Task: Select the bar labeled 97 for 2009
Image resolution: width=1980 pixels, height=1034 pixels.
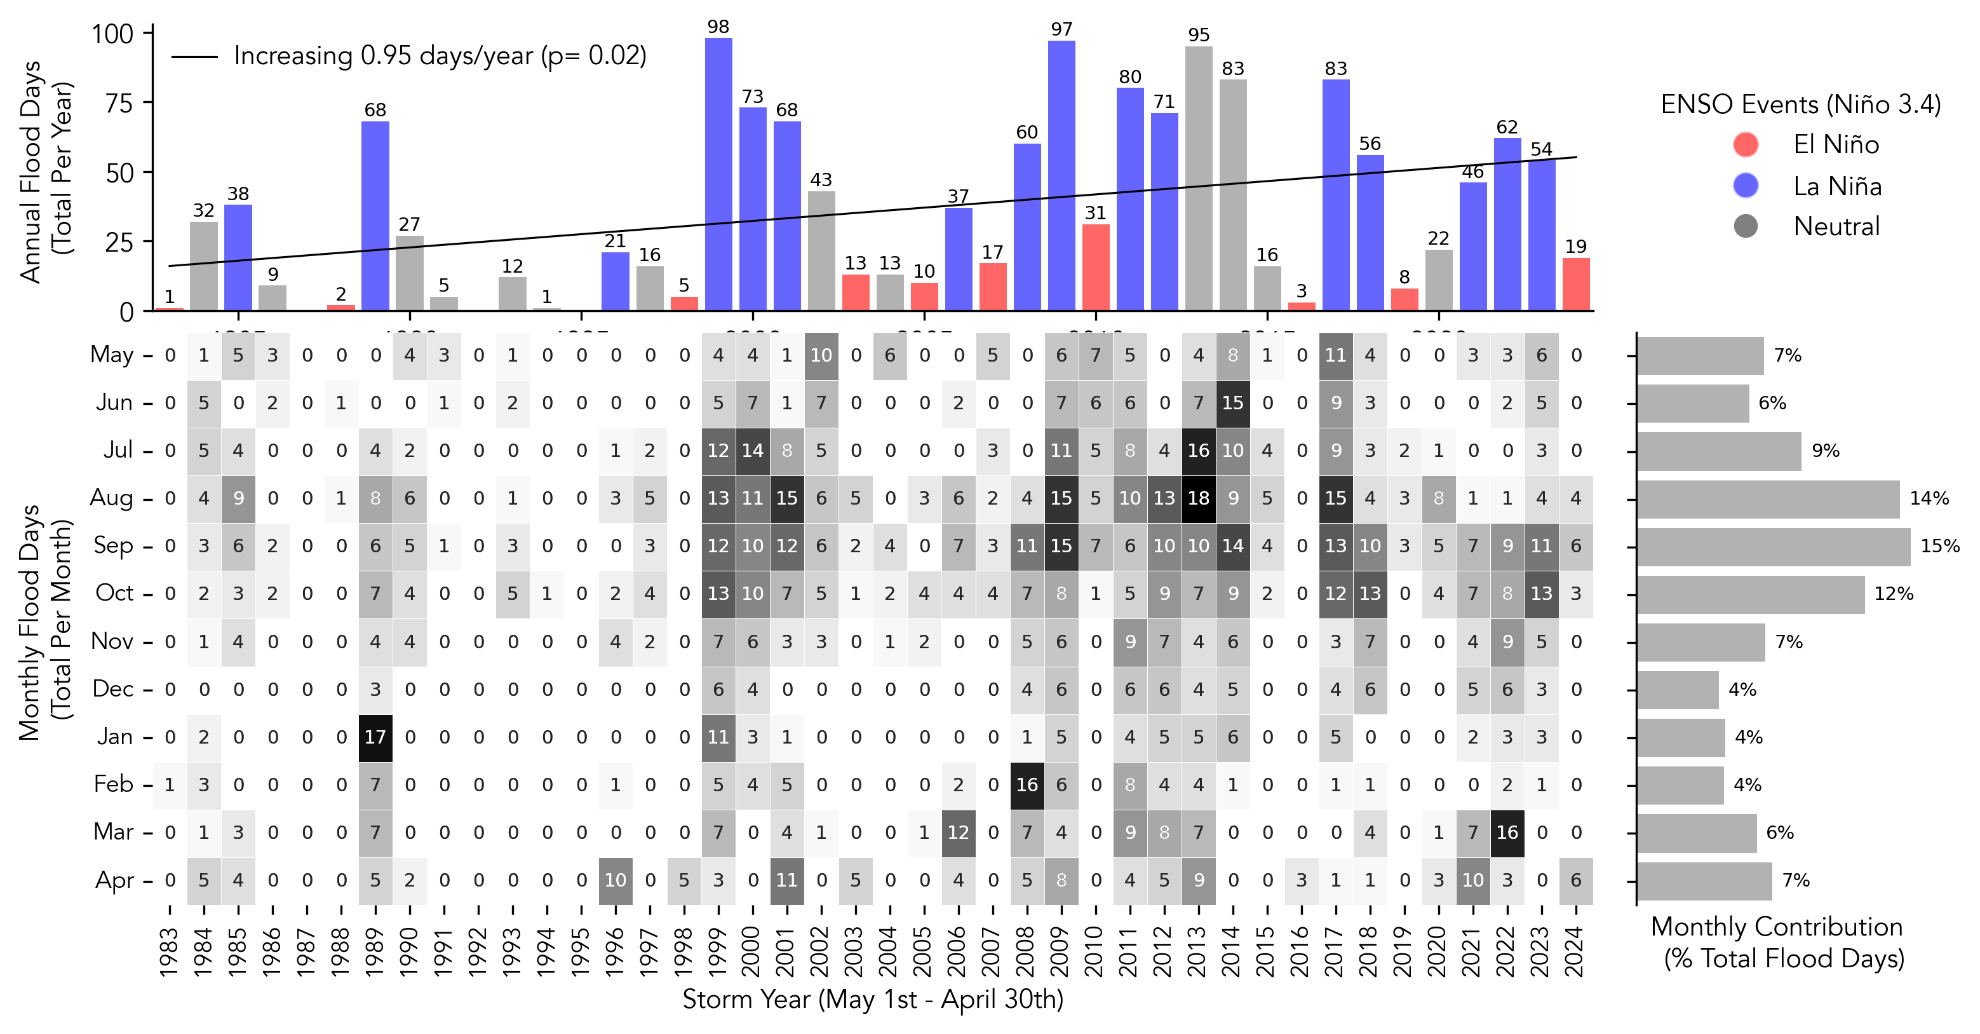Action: [1061, 175]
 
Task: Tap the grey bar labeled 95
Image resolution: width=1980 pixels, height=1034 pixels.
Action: [1198, 179]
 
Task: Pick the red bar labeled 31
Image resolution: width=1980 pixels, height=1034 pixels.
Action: [1095, 268]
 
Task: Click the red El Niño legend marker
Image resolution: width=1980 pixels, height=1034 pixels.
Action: [1746, 144]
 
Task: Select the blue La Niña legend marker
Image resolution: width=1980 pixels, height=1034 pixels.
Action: [1746, 186]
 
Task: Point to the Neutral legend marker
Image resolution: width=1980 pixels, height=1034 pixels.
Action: [1746, 226]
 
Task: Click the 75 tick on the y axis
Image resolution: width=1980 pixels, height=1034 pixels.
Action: [119, 103]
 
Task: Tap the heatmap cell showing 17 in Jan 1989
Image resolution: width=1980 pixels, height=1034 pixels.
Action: [375, 737]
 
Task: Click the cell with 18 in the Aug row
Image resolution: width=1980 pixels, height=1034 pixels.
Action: [1198, 498]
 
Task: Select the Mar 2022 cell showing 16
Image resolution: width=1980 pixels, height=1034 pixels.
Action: [1507, 833]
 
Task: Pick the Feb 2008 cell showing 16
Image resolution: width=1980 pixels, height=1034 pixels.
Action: [1027, 785]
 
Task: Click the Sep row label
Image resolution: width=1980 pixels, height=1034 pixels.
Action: [113, 545]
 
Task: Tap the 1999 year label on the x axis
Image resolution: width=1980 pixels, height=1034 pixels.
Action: [718, 952]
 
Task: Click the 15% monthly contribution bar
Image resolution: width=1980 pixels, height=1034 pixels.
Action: [1772, 547]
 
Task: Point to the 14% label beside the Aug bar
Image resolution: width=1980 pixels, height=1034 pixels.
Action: [1929, 498]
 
